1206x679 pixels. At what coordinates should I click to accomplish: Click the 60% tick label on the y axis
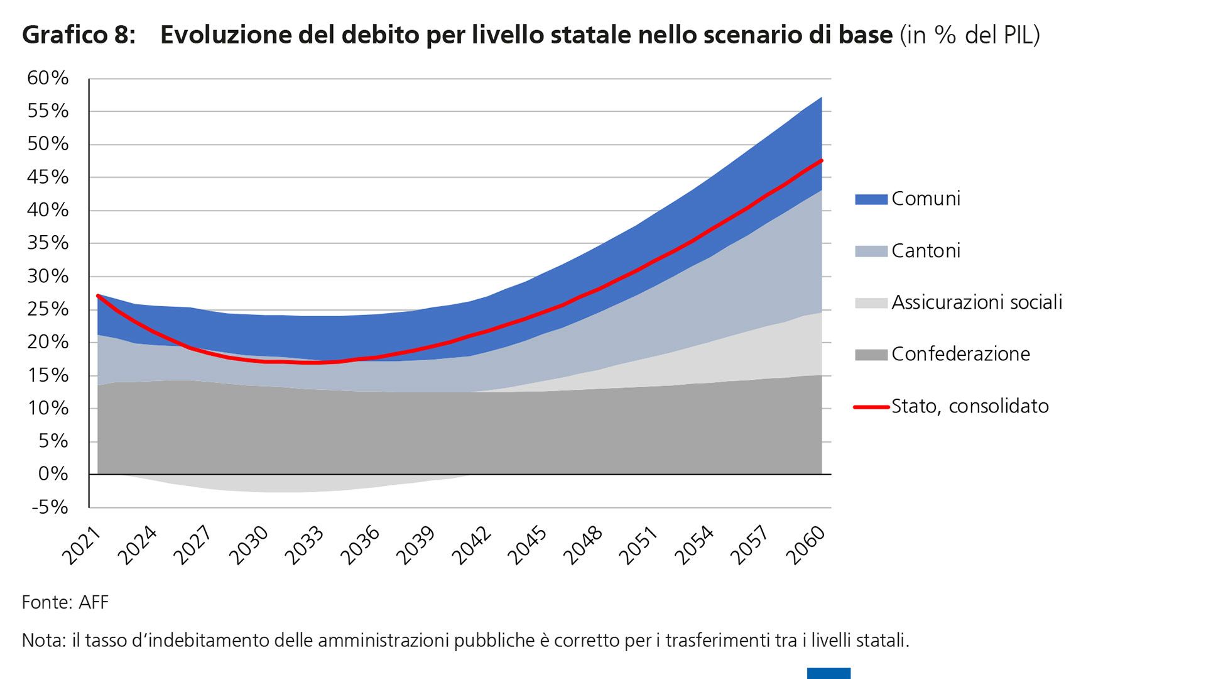coord(48,78)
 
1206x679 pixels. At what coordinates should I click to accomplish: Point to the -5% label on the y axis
coord(50,507)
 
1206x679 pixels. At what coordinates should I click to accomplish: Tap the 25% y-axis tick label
coord(48,309)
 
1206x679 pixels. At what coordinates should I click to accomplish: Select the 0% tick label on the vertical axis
coord(53,473)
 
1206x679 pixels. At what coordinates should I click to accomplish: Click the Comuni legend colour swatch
coord(871,199)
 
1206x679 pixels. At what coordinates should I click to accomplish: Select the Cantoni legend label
coord(926,251)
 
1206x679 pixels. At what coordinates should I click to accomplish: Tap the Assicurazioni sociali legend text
coord(977,302)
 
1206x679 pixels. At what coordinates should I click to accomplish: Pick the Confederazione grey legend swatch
coord(871,355)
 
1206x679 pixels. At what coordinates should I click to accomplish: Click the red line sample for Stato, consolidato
coord(871,407)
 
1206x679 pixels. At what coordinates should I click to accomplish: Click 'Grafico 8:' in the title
coord(79,35)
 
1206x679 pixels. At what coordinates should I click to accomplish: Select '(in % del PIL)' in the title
coord(970,35)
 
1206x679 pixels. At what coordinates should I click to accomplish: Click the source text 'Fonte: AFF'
coord(65,602)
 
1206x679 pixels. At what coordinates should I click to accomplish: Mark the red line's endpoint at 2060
coord(822,160)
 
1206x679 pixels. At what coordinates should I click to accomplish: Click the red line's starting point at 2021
coord(98,295)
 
